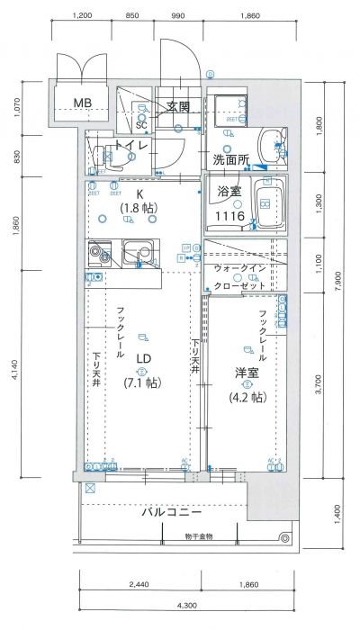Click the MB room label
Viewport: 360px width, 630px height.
[84, 102]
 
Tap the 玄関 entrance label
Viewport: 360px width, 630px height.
[178, 106]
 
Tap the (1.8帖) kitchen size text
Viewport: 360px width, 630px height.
[139, 208]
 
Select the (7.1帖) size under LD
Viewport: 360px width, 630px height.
[141, 382]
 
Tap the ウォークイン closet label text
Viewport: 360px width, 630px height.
[239, 269]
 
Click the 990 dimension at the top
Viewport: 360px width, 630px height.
[177, 15]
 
